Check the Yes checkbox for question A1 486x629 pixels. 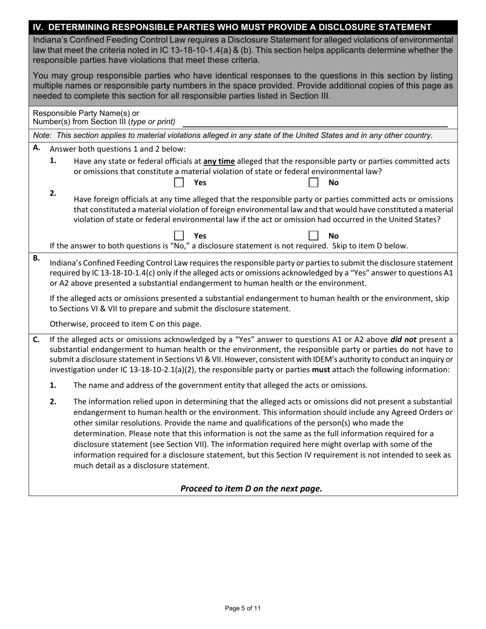point(179,183)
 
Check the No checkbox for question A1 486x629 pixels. point(314,183)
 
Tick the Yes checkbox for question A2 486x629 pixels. point(179,236)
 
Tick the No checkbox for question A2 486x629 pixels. point(314,236)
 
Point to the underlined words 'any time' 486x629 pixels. point(219,161)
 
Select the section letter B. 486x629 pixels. point(36,258)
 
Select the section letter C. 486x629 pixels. point(36,339)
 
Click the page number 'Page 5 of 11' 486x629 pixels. point(243,608)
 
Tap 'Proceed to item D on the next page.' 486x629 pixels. point(251,488)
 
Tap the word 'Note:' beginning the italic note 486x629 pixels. point(43,136)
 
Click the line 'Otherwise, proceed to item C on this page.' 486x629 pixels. point(125,324)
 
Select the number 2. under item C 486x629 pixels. point(53,401)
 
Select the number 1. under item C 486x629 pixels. point(53,385)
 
